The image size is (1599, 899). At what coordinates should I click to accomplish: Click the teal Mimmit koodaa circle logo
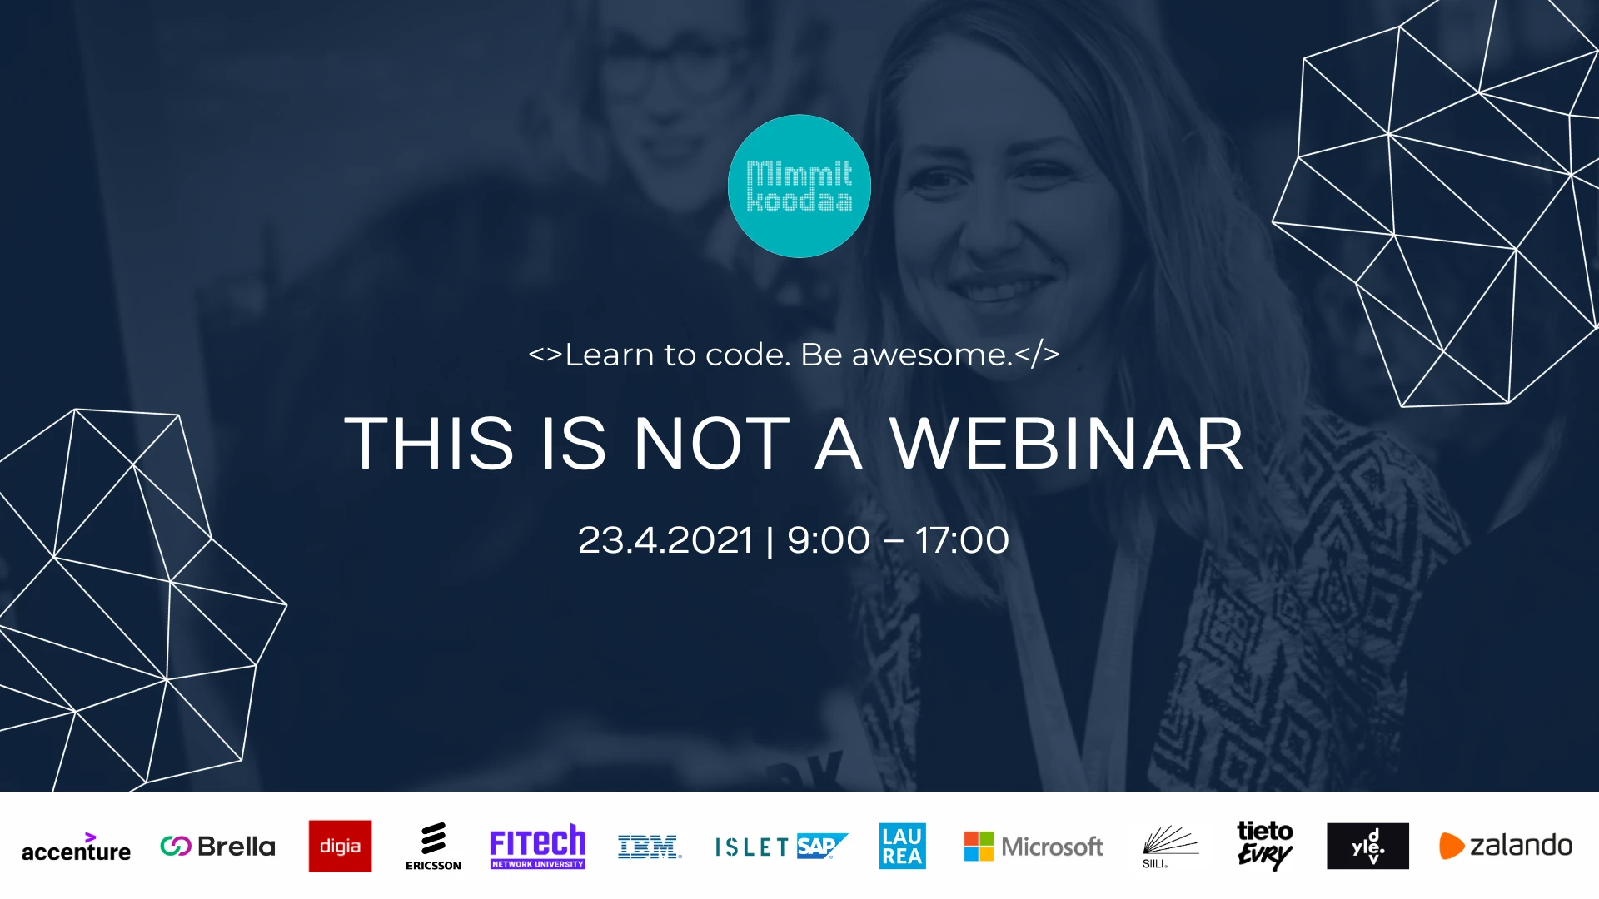pos(799,186)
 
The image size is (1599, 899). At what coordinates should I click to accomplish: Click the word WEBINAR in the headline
pos(1067,444)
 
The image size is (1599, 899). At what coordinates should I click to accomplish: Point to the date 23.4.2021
pos(665,540)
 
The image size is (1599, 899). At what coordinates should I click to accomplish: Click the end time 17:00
pos(962,540)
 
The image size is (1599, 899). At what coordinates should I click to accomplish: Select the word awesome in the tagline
pos(931,355)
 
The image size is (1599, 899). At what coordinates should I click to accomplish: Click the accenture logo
pos(76,847)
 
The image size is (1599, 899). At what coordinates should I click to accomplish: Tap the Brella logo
pos(217,847)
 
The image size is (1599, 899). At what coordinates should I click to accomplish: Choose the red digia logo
pos(340,846)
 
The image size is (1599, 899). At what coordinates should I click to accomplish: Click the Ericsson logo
pos(433,847)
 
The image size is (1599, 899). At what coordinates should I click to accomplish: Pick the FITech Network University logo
pos(537,847)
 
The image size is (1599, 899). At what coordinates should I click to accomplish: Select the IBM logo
pos(650,847)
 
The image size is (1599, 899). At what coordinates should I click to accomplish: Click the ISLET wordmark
pos(751,847)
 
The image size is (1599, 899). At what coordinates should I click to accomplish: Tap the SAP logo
pos(822,846)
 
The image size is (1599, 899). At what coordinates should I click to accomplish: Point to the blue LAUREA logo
pos(902,846)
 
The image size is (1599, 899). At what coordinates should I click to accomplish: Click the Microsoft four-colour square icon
pos(979,847)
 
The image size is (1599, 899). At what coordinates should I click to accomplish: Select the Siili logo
pos(1169,847)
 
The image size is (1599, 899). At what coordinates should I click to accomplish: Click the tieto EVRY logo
pos(1264,845)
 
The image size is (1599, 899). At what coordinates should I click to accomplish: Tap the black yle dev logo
pos(1367,846)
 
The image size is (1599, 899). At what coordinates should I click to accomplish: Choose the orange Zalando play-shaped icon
pos(1451,846)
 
